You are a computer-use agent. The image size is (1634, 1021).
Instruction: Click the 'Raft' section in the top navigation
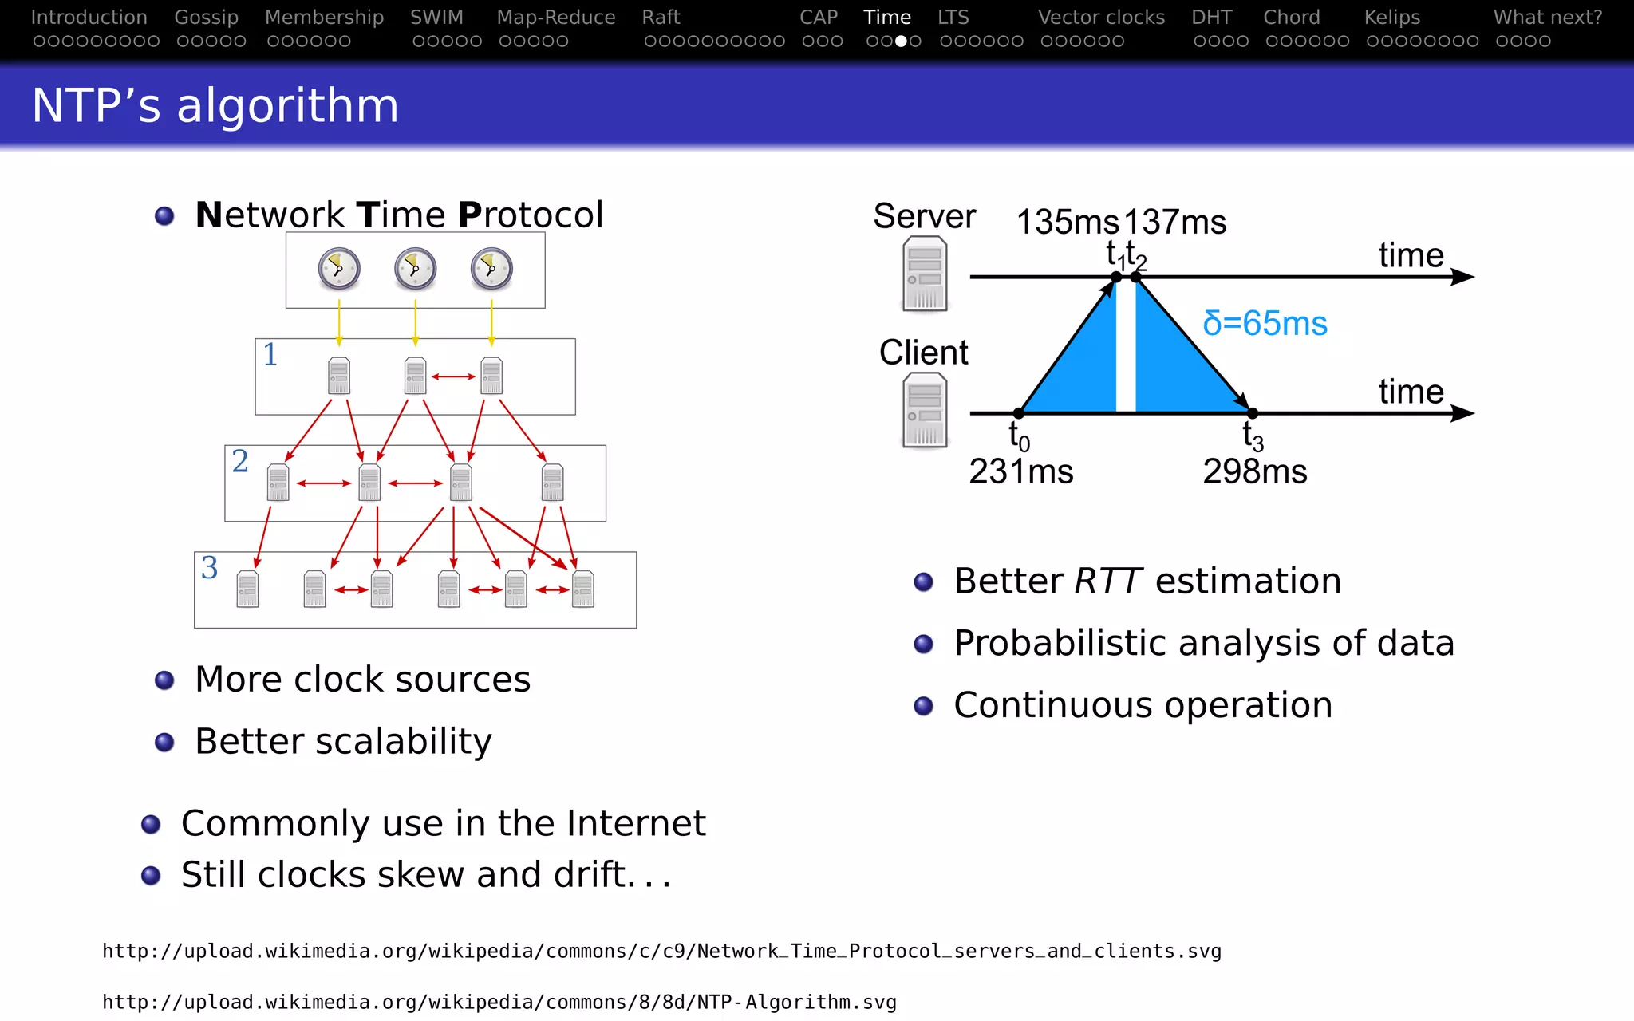point(661,17)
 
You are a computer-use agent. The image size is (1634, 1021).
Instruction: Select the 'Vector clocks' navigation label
point(1101,17)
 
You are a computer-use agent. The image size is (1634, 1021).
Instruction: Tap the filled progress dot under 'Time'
point(901,41)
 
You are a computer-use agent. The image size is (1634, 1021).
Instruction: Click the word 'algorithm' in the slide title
point(287,105)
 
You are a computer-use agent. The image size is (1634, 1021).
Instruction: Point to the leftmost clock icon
point(339,269)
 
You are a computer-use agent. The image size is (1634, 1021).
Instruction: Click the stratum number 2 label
point(240,461)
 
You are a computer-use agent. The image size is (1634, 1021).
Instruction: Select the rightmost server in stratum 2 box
point(552,482)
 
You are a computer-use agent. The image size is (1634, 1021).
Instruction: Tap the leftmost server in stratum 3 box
point(247,589)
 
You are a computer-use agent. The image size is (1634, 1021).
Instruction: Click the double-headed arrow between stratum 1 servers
point(453,376)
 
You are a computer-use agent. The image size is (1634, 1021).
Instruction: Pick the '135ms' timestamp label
point(1068,222)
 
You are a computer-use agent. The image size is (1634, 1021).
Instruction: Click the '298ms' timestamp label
point(1254,471)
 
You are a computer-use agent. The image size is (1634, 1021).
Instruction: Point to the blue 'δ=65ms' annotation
point(1265,323)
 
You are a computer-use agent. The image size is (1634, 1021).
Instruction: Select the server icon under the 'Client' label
point(925,412)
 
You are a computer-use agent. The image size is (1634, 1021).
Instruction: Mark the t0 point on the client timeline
point(1019,413)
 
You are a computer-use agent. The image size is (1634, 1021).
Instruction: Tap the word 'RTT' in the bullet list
point(1107,581)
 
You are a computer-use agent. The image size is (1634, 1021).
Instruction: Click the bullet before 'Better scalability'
point(164,743)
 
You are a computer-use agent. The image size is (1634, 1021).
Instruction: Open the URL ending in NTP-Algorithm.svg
point(499,1002)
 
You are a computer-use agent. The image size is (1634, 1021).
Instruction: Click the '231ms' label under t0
point(1020,471)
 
